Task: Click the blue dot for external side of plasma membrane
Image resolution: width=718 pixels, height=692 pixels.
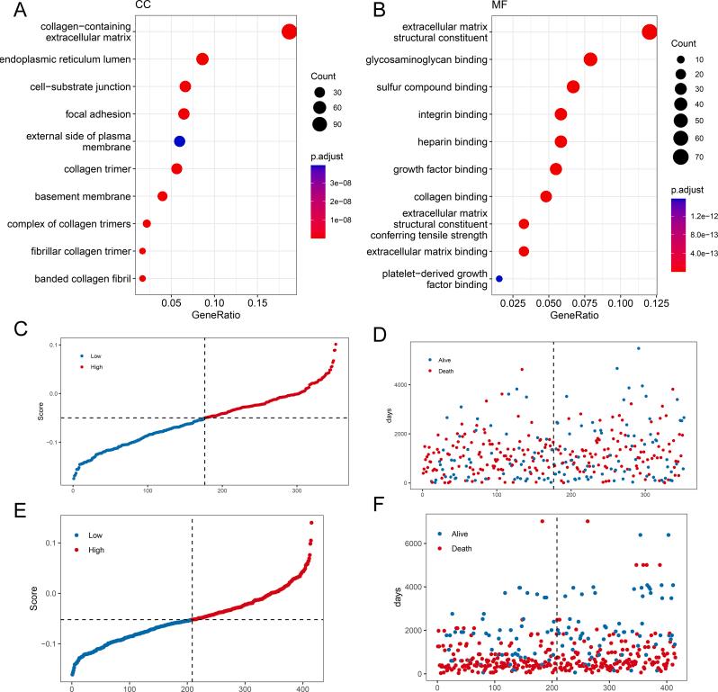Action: [179, 141]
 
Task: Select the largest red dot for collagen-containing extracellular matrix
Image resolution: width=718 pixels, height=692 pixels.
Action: [289, 32]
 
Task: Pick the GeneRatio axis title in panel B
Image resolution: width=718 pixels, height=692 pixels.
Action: [573, 317]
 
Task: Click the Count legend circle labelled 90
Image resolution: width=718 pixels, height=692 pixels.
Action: [319, 123]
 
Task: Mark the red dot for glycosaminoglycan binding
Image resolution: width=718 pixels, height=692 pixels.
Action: [590, 59]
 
